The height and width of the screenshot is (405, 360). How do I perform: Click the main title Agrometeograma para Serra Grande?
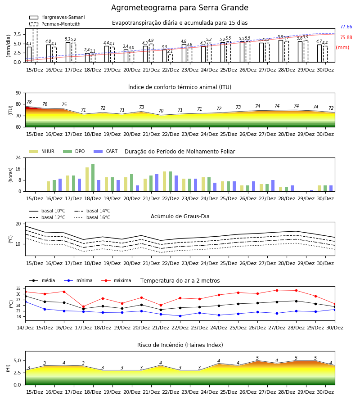click(x=180, y=8)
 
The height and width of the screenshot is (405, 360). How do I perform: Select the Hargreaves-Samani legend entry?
click(x=57, y=17)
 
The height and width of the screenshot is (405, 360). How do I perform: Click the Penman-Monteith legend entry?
click(x=55, y=24)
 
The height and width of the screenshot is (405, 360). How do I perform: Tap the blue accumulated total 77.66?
click(x=346, y=27)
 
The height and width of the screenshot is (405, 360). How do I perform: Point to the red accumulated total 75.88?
click(x=346, y=37)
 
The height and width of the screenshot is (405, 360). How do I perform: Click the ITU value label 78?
click(x=29, y=102)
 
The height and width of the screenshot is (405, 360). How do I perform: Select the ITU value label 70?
click(x=161, y=111)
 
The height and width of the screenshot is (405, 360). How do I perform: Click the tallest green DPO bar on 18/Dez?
click(x=93, y=178)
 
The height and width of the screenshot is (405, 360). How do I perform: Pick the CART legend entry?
click(x=106, y=151)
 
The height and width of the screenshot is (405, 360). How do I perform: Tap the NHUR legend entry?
click(x=42, y=151)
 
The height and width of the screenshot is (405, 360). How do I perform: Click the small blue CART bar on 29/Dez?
click(x=312, y=191)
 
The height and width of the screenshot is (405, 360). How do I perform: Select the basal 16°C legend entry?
click(x=92, y=217)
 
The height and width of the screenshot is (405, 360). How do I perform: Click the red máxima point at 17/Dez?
click(x=83, y=306)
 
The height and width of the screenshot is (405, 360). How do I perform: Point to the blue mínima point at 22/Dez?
click(x=180, y=316)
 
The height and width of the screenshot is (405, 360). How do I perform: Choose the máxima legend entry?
click(x=116, y=280)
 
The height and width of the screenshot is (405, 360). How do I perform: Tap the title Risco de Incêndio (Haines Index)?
click(x=180, y=345)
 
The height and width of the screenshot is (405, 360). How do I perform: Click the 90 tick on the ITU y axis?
click(x=18, y=93)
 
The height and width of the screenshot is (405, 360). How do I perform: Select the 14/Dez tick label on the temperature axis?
click(x=25, y=328)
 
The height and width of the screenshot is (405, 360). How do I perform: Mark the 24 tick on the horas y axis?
click(x=18, y=157)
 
